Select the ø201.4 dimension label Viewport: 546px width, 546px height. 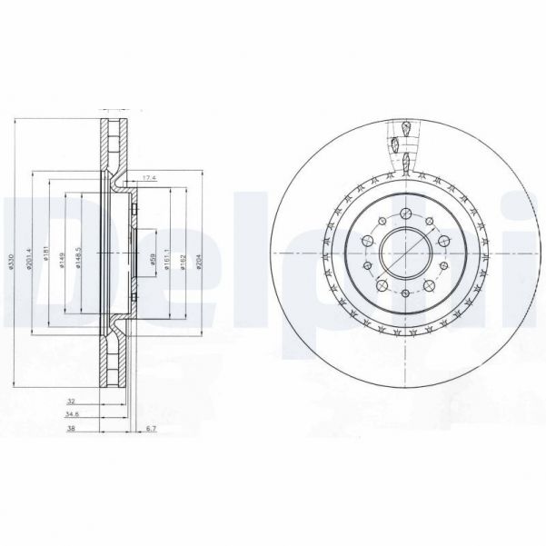[31, 263]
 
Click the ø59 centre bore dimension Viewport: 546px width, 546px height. [154, 262]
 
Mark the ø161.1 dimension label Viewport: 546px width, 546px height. [164, 263]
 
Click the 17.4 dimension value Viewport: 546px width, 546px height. [150, 178]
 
